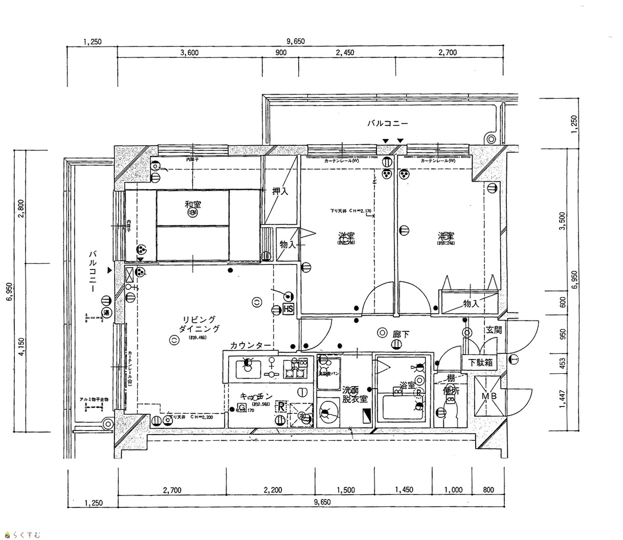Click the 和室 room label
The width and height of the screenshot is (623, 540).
pyautogui.click(x=193, y=205)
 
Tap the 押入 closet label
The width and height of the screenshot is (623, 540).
pyautogui.click(x=280, y=191)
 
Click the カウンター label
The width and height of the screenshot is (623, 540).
pyautogui.click(x=250, y=346)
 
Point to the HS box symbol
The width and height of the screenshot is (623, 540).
pyautogui.click(x=288, y=309)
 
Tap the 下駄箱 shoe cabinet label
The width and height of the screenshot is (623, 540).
pyautogui.click(x=480, y=362)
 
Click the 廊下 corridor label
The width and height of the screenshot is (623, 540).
pyautogui.click(x=400, y=334)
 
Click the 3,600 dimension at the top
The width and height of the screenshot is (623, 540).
pyautogui.click(x=189, y=53)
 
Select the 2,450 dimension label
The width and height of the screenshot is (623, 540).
pyautogui.click(x=345, y=53)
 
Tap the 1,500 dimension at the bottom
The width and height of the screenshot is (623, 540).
pyautogui.click(x=346, y=489)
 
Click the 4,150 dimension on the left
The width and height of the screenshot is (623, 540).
pyautogui.click(x=21, y=348)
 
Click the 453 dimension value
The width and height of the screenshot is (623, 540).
pyautogui.click(x=562, y=364)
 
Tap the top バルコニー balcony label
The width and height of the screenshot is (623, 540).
pyautogui.click(x=387, y=123)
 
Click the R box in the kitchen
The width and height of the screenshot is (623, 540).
pyautogui.click(x=281, y=407)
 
